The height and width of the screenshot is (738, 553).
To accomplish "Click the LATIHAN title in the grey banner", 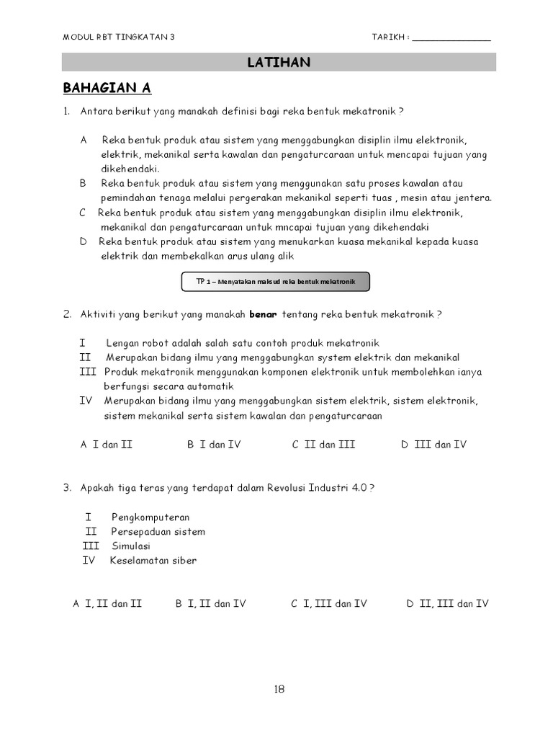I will tap(279, 63).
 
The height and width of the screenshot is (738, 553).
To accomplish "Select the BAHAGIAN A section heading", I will tap(107, 89).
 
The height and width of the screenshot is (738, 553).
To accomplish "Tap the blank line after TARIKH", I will tap(451, 38).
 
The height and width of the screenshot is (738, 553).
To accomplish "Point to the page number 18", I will tap(279, 689).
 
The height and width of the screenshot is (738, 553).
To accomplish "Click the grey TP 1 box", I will tap(276, 282).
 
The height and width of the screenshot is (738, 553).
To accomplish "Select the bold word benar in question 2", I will tap(263, 315).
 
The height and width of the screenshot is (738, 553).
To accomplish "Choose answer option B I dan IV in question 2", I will tap(214, 445).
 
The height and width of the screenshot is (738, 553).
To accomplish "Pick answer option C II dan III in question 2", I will tap(323, 445).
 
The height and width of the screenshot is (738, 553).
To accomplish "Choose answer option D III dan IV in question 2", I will tap(433, 445).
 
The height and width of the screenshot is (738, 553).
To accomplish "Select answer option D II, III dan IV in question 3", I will tap(447, 604).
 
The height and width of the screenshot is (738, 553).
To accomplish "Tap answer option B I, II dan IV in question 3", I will tap(210, 604).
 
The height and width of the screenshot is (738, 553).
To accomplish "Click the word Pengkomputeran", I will tap(150, 517).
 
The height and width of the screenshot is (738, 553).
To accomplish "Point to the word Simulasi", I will tap(130, 546).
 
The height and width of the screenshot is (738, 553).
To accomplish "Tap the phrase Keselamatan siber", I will tap(153, 561).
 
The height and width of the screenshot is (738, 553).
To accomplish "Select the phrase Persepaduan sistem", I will tap(158, 532).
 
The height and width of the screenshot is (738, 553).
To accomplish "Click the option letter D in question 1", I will tap(84, 242).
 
